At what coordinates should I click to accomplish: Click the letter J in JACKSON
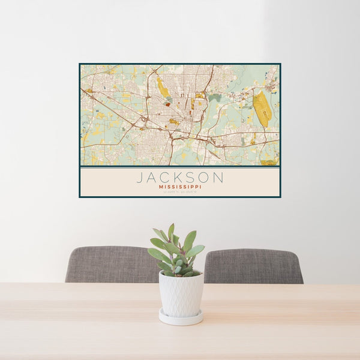139,178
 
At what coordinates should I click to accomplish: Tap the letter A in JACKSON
152,178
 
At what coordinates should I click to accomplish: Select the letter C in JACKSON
166,178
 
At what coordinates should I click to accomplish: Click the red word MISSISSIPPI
180,187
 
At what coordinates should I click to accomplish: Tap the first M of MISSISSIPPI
161,187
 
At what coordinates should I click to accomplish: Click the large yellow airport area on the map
261,109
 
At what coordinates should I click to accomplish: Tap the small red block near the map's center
168,104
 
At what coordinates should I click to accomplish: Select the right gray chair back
253,266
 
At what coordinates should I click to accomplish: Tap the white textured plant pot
181,293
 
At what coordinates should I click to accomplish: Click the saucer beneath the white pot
181,317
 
